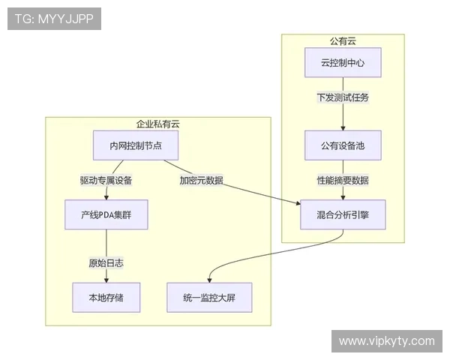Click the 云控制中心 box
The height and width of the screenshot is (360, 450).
coord(343,63)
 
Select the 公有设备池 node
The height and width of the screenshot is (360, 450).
coord(343,145)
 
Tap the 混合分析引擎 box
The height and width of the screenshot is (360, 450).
coord(343,214)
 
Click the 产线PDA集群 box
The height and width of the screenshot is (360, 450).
coord(106,214)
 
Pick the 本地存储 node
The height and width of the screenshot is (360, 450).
coord(106,298)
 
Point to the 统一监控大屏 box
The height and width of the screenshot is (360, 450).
coord(209,298)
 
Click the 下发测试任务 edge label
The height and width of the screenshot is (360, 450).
coord(343,97)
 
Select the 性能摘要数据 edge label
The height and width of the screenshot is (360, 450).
coord(343,180)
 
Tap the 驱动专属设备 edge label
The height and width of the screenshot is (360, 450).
coord(106,180)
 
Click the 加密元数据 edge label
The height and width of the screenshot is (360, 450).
coord(201,180)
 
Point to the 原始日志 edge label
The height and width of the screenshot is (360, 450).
coord(106,262)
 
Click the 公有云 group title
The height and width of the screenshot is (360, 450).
coord(343,40)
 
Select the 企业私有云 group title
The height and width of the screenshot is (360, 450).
coord(157,124)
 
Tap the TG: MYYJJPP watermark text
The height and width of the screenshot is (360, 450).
coord(53,19)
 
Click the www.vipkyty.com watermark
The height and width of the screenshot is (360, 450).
coord(386,341)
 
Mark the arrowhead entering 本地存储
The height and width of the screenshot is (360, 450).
coord(106,280)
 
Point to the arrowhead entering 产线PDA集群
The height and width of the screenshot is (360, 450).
coord(106,197)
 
